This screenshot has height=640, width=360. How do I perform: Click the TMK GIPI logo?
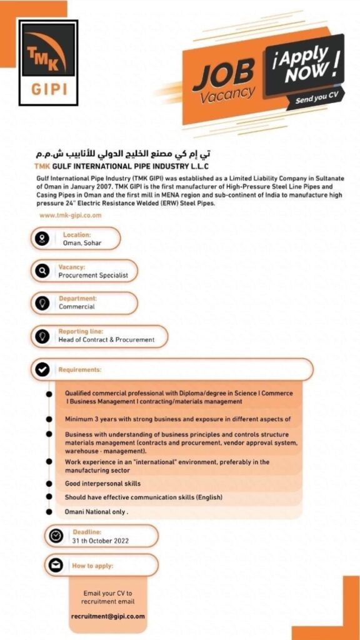point(48,62)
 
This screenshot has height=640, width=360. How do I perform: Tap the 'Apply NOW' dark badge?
point(306,68)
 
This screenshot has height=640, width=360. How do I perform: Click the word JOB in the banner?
point(222,74)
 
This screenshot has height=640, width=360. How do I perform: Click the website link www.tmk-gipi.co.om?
point(70,215)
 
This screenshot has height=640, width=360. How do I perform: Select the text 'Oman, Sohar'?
point(82,243)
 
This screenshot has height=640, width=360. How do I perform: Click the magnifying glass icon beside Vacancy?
point(42,271)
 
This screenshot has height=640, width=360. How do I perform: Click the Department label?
point(77,299)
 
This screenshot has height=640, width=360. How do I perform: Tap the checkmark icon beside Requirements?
point(42,369)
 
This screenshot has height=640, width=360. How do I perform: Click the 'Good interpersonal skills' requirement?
point(102,484)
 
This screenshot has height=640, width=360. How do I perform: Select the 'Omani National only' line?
point(96,511)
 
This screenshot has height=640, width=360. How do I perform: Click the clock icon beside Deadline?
point(56,536)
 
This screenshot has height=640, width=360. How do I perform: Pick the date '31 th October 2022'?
point(101,541)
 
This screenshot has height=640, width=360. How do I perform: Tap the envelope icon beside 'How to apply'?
point(56,566)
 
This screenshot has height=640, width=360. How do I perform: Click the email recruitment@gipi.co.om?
point(107,616)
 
